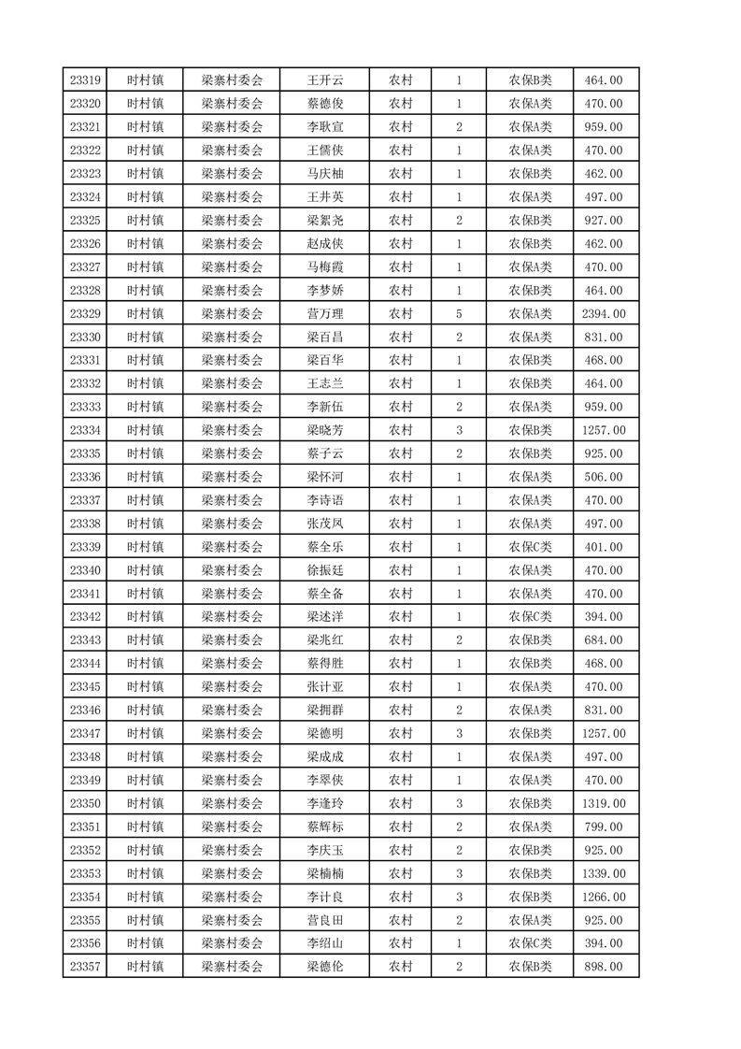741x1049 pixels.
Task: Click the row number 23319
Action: coord(85,80)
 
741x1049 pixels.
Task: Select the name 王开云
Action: coord(325,80)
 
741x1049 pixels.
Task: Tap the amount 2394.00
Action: coord(603,314)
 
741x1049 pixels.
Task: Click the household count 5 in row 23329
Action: coord(459,314)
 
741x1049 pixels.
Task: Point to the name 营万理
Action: coord(325,314)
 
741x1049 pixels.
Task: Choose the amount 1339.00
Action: coord(603,873)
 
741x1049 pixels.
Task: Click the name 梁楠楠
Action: coord(325,873)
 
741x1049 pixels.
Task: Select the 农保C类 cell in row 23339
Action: coord(530,547)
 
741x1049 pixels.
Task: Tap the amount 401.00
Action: coord(603,547)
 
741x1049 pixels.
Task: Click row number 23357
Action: coord(85,967)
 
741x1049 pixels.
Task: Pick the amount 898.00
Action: coord(603,967)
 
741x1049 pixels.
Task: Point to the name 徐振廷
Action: coord(325,570)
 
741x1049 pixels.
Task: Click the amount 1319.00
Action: coord(603,803)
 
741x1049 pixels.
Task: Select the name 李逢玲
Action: coord(325,803)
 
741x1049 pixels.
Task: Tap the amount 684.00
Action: coord(603,640)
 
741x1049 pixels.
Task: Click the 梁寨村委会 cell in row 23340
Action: coord(232,570)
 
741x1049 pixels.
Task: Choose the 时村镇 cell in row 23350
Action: coord(145,803)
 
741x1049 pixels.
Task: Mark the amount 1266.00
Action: coord(603,897)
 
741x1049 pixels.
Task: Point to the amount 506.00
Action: coord(603,477)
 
